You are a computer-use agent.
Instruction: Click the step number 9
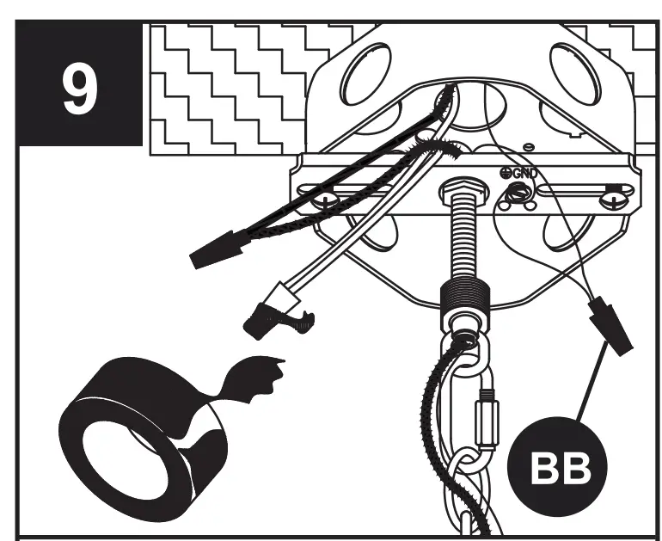coord(79,87)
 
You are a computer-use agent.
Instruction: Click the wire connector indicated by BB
coord(611,325)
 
